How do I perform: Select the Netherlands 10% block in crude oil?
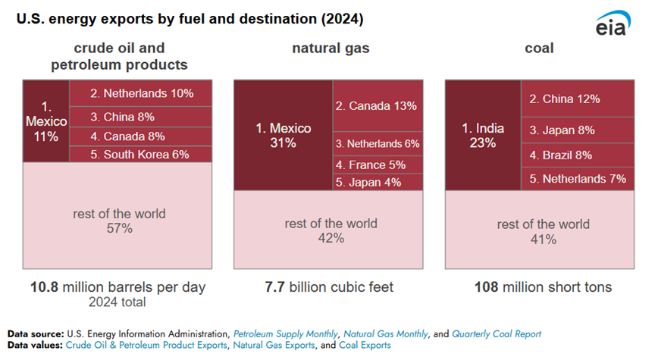(x=141, y=94)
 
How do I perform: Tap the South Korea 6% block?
(x=141, y=154)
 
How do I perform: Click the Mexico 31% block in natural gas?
(x=283, y=135)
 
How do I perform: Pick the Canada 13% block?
(x=378, y=105)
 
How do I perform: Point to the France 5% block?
(x=378, y=164)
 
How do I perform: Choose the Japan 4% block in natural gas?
(x=378, y=182)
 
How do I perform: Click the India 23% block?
(x=482, y=135)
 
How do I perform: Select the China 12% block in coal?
(x=578, y=99)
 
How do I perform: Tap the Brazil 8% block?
(x=578, y=155)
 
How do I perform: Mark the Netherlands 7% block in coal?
(x=578, y=179)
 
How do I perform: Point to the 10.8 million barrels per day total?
(x=118, y=288)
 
